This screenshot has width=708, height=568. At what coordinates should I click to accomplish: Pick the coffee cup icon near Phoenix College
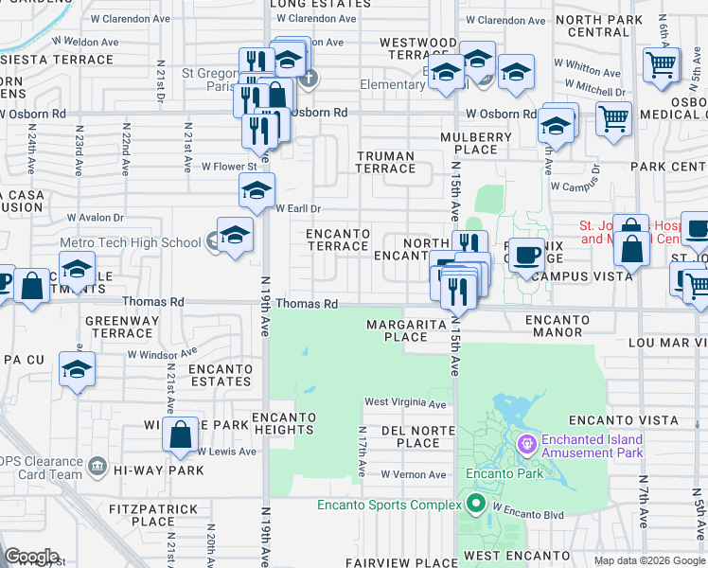(527, 256)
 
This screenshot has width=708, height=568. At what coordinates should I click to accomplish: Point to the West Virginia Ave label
(405, 403)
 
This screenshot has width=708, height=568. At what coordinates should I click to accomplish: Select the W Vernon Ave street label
(413, 474)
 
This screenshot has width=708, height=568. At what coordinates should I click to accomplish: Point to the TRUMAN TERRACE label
(385, 162)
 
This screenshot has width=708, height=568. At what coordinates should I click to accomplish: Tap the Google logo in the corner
(31, 557)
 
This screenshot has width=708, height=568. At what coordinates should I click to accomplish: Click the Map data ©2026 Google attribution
(648, 560)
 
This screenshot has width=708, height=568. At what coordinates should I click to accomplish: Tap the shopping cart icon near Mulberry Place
(613, 119)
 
